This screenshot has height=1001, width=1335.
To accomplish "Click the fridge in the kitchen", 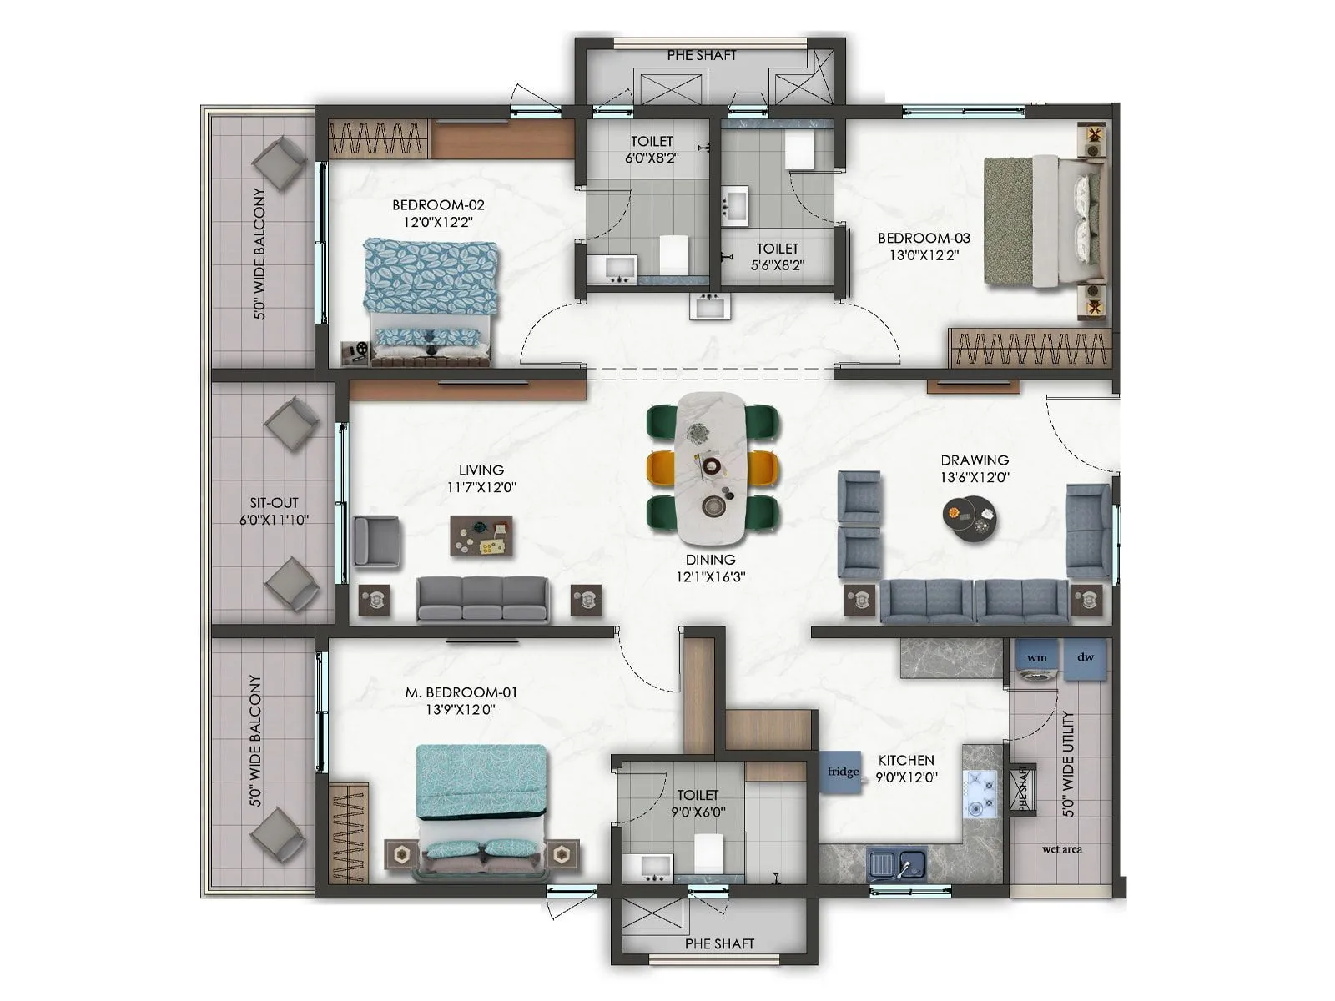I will click(x=841, y=772).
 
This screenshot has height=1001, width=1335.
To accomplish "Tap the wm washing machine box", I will click(x=1037, y=657).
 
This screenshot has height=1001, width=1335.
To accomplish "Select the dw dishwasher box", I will click(x=1086, y=656).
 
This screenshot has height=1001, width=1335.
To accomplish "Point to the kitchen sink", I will click(x=897, y=864).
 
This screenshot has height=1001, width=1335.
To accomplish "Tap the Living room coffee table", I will click(x=481, y=536).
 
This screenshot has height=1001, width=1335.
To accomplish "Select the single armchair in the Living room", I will click(x=376, y=541).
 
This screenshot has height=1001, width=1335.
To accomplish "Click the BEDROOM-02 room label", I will click(x=438, y=204).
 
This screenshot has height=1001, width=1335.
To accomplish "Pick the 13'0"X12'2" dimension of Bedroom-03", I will click(x=924, y=255).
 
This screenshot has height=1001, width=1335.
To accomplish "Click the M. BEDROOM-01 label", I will click(x=461, y=692).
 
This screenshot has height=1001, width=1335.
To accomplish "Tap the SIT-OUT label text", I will click(x=274, y=503).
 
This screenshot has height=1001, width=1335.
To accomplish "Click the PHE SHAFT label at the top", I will click(x=702, y=55).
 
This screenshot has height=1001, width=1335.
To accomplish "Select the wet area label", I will click(x=1061, y=849).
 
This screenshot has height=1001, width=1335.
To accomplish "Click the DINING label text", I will click(x=711, y=560).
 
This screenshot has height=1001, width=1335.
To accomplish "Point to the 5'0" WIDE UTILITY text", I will click(x=1069, y=763).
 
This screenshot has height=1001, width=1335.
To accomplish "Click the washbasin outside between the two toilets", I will click(x=710, y=306).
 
